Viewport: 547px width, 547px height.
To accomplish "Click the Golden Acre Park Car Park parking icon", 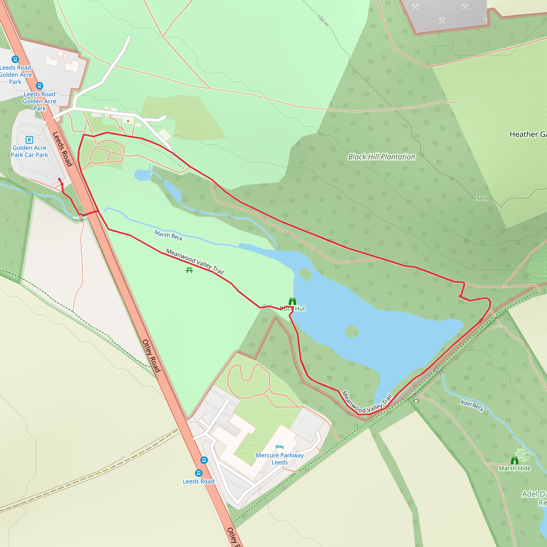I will click(x=29, y=140).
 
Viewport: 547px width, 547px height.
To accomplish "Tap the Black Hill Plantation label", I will click(x=381, y=157).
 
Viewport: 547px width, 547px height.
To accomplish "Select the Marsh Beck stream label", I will click(x=169, y=236).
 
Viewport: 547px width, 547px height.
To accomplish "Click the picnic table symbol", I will click(x=189, y=270).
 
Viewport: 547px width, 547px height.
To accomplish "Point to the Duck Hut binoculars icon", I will click(x=292, y=301).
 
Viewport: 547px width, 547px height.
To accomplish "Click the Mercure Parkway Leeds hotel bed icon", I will click(x=279, y=447).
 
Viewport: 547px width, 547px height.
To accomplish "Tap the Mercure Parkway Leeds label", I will click(x=279, y=459).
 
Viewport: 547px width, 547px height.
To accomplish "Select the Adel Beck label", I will click(x=472, y=406).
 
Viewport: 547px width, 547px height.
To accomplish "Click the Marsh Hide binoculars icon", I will click(x=514, y=460).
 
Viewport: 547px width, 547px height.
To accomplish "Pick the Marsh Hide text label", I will click(x=514, y=468).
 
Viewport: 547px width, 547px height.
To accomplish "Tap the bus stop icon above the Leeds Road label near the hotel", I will click(x=199, y=473).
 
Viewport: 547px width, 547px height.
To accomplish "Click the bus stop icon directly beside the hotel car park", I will click(x=204, y=460).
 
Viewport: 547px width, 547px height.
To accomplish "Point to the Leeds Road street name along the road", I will click(x=62, y=149).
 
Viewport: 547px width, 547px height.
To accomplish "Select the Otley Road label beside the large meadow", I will click(x=151, y=355).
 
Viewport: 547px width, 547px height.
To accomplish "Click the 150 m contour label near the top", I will click(x=323, y=21).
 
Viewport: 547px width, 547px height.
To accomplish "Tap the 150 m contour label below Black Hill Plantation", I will click(x=481, y=198).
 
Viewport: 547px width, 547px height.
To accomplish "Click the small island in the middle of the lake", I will click(x=352, y=331).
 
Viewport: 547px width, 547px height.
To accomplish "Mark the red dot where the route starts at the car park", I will click(x=60, y=179).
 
